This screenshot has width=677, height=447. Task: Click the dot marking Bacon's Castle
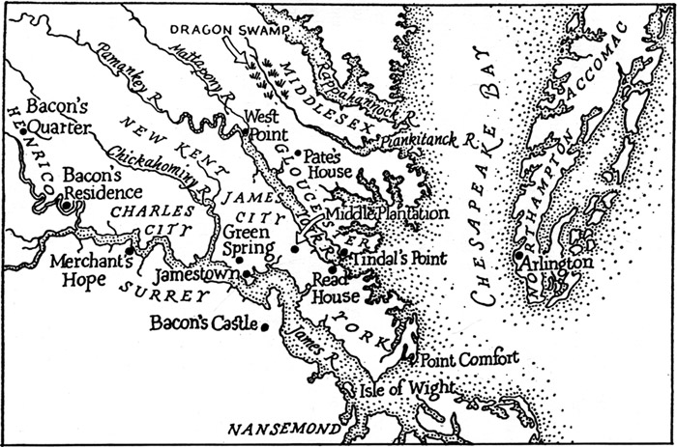264,326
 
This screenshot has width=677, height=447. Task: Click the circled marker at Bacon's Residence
66,204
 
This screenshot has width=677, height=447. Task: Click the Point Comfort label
469,357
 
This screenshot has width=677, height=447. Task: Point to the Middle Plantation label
387,212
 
